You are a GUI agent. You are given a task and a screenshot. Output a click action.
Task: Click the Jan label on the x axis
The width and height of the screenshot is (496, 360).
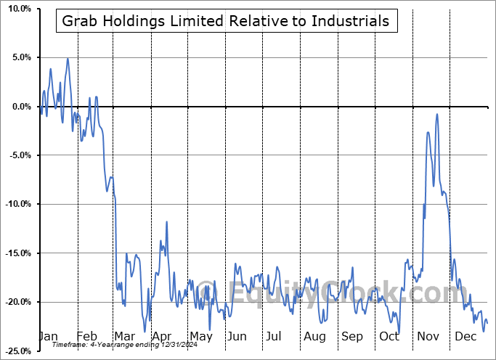pos(48,337)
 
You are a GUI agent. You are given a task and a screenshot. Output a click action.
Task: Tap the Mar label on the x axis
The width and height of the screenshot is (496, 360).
pos(123,337)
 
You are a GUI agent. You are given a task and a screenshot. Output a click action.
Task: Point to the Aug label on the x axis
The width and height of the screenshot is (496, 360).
pos(314,337)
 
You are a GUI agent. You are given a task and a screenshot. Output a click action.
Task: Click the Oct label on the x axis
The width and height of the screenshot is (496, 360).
pos(389,337)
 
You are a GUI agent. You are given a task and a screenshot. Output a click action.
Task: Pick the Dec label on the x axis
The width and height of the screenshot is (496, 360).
pos(465,337)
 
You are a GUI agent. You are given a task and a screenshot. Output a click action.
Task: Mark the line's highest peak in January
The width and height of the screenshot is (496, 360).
pos(68,59)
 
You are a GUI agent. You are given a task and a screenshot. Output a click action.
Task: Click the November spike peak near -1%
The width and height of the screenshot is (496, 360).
pos(437,114)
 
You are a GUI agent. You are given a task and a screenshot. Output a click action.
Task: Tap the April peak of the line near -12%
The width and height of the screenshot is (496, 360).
pos(167,222)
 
